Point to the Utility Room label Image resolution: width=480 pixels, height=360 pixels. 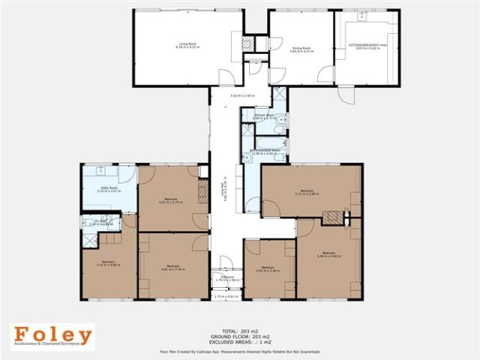coord(109,190)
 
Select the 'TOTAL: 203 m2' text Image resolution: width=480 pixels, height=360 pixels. coord(239,331)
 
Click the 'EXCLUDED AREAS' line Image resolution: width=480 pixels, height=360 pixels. coord(239,342)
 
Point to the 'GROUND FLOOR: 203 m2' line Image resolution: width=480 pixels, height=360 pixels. coord(239,336)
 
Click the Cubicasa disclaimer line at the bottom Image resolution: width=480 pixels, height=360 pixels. coord(239,350)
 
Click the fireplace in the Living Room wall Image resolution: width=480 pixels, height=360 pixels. coord(247,45)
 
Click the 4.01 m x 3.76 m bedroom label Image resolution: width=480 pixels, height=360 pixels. coord(172,268)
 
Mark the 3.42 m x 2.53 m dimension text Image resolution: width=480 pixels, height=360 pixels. coord(241,97)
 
